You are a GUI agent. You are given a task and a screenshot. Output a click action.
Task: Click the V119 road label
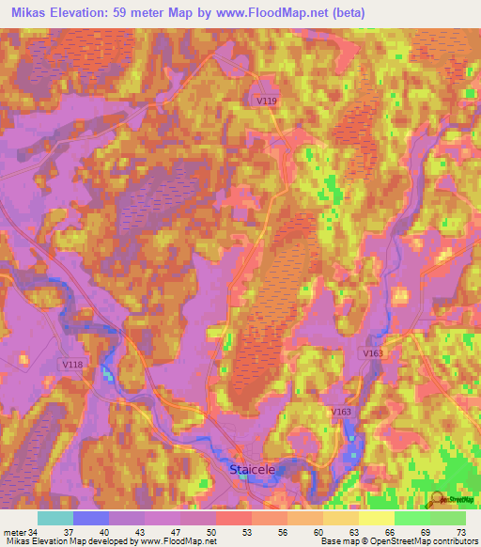(x=266, y=99)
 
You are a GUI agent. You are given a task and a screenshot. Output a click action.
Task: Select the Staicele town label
(x=253, y=467)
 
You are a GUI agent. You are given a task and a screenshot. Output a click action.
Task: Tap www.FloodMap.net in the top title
(x=259, y=12)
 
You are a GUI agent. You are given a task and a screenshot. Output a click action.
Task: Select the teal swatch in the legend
(x=55, y=518)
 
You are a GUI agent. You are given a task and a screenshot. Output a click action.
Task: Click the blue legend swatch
(x=91, y=518)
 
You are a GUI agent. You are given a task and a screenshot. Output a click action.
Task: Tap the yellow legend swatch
(x=377, y=518)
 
